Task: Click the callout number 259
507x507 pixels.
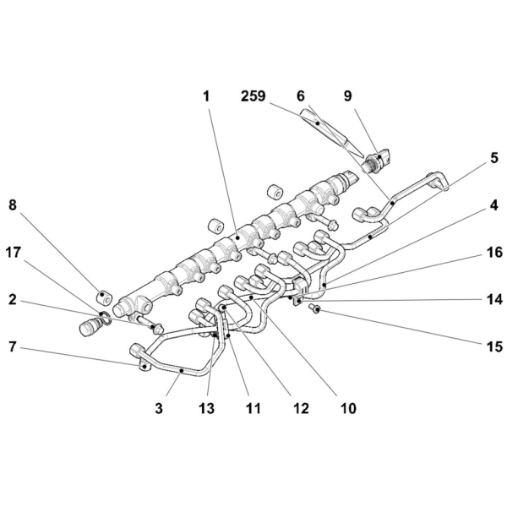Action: point(253,96)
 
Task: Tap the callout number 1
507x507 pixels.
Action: point(206,96)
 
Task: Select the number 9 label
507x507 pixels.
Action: point(347,96)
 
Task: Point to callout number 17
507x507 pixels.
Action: point(14,253)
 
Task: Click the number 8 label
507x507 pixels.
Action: point(13,205)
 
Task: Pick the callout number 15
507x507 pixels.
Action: point(494,346)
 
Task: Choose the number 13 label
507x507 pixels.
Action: point(207,408)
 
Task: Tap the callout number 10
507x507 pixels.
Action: point(348,408)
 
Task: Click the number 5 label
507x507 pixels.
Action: point(494,159)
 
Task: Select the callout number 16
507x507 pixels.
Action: point(494,253)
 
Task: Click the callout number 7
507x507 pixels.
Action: point(13,346)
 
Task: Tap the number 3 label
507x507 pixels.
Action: point(159,408)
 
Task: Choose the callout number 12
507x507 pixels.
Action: point(301,408)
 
